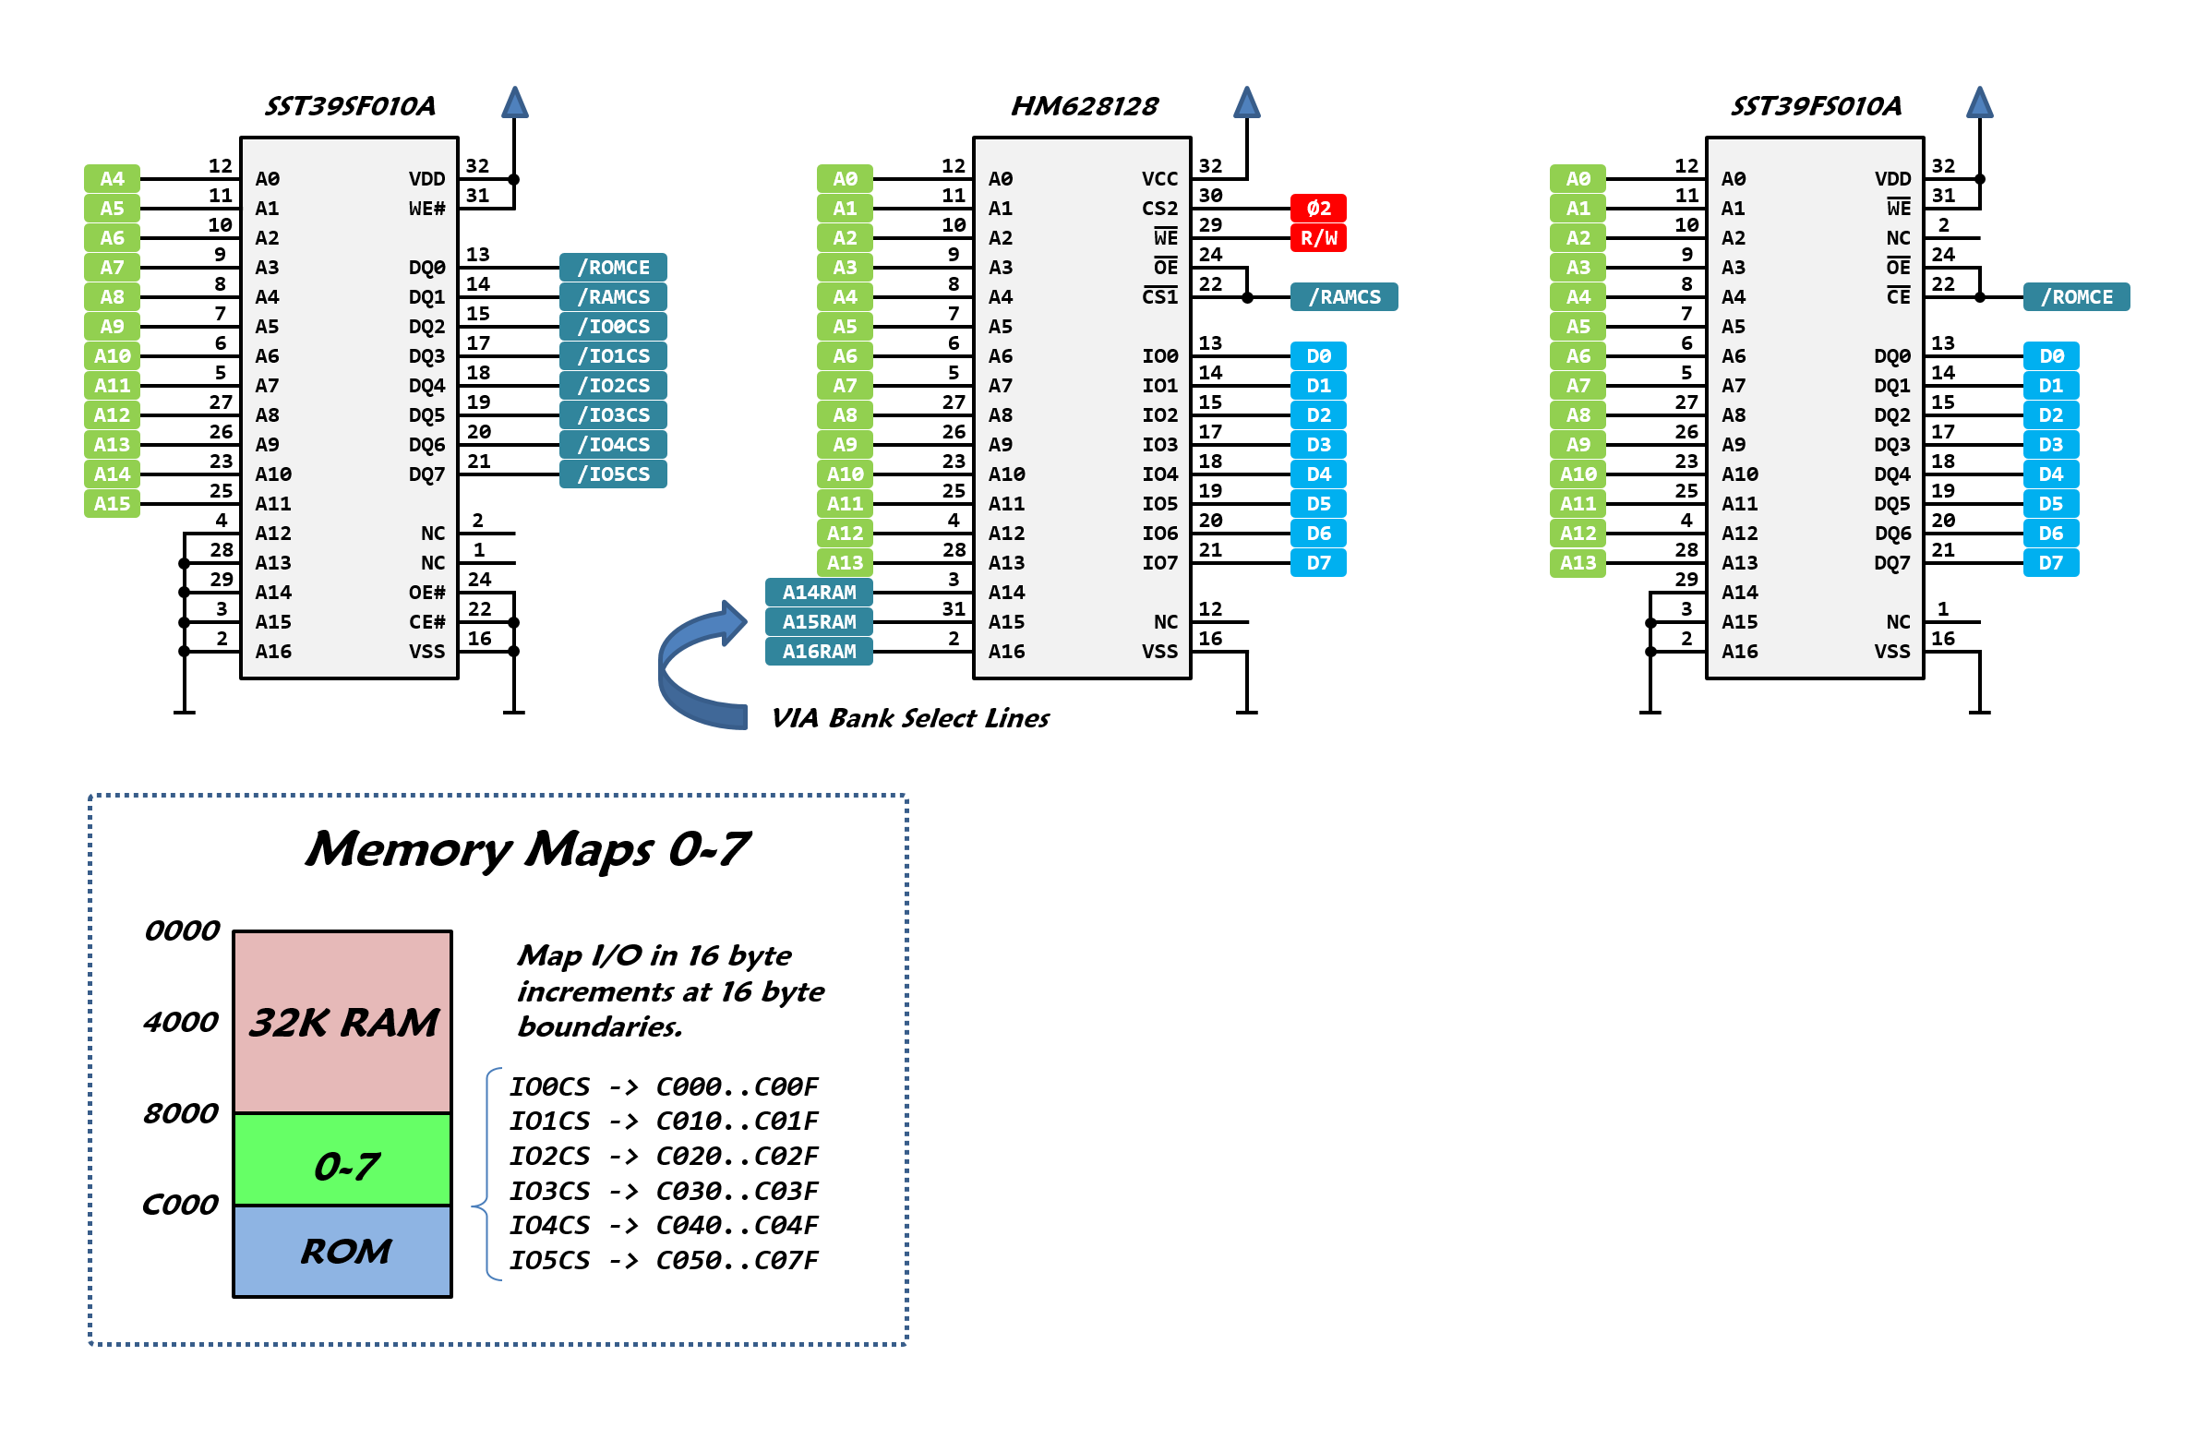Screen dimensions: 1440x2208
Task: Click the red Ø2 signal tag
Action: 1317,208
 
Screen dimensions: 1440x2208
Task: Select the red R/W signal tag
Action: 1317,237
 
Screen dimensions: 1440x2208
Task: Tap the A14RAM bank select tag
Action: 818,592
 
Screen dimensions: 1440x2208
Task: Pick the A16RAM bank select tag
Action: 818,652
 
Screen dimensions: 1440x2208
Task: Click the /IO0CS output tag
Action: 613,327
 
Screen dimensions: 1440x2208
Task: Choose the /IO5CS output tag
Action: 613,474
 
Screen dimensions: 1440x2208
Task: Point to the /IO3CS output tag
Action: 613,414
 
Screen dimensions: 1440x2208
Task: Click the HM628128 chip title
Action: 1084,106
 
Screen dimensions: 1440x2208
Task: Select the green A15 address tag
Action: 113,504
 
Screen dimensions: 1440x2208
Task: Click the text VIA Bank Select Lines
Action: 909,718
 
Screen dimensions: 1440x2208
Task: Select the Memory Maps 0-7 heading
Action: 527,849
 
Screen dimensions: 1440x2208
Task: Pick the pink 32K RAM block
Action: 343,1022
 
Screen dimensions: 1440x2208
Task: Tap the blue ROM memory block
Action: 343,1251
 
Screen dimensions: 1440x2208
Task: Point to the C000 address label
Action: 181,1205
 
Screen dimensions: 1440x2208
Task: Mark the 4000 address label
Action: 181,1022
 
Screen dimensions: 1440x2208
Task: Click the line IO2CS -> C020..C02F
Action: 664,1156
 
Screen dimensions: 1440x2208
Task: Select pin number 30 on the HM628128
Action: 1210,196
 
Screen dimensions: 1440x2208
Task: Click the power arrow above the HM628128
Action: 1246,102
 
